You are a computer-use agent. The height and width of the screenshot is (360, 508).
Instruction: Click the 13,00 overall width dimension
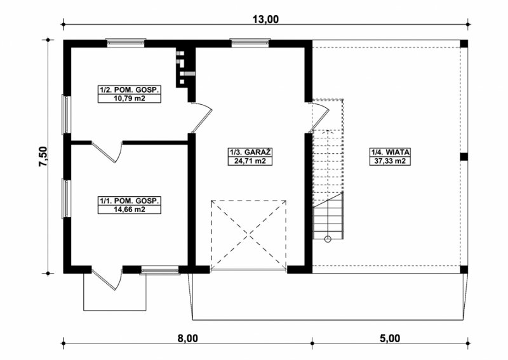(265, 20)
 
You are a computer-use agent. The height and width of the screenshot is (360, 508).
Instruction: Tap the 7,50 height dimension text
(43, 156)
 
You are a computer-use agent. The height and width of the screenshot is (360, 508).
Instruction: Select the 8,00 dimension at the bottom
(187, 338)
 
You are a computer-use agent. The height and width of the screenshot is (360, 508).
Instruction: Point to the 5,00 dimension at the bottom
(390, 338)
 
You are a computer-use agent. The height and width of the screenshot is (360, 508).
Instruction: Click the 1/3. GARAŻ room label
(251, 152)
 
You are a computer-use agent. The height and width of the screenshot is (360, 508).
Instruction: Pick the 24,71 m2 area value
(251, 161)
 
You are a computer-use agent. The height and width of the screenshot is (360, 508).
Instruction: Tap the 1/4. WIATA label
(390, 152)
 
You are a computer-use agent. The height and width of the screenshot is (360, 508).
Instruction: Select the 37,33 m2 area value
(390, 161)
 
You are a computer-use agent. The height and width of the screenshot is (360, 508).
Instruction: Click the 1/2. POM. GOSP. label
(130, 90)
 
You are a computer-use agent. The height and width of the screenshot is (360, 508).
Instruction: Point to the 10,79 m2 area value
(130, 98)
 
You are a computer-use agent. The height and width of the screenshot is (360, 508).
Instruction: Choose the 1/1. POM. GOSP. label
(130, 201)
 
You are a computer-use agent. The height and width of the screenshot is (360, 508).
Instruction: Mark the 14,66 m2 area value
(130, 210)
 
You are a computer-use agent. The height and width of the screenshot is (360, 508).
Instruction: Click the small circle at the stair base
(328, 239)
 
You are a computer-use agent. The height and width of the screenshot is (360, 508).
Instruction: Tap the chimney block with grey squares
(185, 69)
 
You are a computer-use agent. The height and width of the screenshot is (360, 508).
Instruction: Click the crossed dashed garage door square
(248, 234)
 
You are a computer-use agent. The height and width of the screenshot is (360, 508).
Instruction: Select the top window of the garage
(250, 43)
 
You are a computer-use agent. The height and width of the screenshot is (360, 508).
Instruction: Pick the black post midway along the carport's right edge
(464, 157)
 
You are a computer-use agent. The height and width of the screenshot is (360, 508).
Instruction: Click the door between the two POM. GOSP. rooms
(107, 151)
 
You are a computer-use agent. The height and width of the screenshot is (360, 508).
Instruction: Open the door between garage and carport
(319, 117)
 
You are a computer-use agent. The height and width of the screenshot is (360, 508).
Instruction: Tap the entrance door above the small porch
(107, 279)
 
